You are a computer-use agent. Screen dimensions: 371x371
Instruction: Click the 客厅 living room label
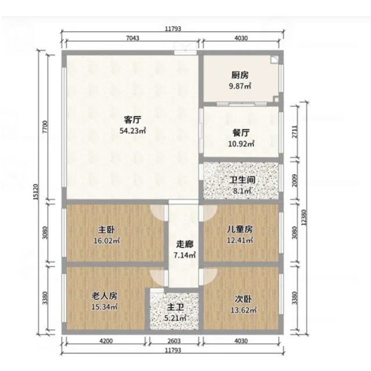point(133,120)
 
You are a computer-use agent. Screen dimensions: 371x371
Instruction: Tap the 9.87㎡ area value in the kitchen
point(240,86)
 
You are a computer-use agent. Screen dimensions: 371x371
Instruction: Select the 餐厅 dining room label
point(241,133)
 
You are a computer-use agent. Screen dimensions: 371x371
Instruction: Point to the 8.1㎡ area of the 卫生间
point(242,191)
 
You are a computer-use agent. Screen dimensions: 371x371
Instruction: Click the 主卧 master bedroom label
point(107,230)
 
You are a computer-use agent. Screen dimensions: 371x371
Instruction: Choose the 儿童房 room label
point(239,229)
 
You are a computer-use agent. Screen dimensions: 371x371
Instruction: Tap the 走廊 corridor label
point(184,244)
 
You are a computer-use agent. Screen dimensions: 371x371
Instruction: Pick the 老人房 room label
point(104,296)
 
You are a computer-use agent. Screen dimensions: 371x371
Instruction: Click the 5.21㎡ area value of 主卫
point(175,318)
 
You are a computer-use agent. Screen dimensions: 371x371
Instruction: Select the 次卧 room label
point(243,299)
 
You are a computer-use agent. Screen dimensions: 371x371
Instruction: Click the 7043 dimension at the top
point(133,38)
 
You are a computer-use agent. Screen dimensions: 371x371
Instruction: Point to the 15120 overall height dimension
point(35,192)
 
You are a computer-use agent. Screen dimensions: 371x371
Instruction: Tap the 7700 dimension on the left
point(45,127)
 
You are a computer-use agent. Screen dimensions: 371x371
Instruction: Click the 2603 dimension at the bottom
point(174,341)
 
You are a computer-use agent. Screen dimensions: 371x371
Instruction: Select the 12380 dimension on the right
point(304,218)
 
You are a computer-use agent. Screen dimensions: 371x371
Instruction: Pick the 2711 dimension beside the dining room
point(294,132)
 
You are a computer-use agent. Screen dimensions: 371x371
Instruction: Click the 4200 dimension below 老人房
point(106,341)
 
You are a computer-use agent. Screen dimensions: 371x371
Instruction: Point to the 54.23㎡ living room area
point(133,130)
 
